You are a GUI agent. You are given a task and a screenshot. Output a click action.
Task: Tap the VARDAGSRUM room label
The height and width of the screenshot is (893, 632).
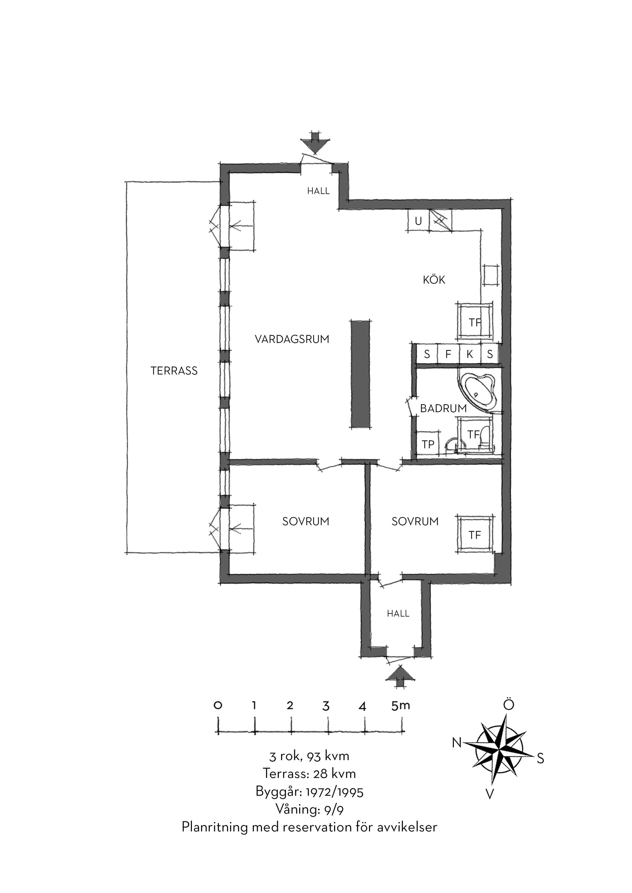pyautogui.click(x=292, y=339)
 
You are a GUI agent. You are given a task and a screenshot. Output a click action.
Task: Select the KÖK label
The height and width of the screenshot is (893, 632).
pyautogui.click(x=434, y=280)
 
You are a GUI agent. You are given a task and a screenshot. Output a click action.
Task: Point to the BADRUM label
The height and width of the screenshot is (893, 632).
pyautogui.click(x=443, y=409)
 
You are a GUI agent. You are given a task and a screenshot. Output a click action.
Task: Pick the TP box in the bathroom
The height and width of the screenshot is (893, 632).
pyautogui.click(x=428, y=444)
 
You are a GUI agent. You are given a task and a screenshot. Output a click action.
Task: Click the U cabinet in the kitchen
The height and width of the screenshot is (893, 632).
pyautogui.click(x=418, y=221)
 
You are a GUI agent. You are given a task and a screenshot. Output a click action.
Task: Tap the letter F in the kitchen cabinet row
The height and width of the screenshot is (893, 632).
pyautogui.click(x=448, y=354)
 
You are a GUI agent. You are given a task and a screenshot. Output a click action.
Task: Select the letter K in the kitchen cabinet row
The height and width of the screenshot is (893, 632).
pyautogui.click(x=470, y=354)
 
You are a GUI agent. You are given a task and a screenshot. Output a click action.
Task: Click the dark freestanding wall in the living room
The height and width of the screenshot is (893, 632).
pyautogui.click(x=360, y=374)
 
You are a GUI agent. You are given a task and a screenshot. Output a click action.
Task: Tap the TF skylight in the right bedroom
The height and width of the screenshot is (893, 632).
pyautogui.click(x=475, y=535)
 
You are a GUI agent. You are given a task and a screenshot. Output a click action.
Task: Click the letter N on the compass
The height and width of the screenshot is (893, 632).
pyautogui.click(x=457, y=743)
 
